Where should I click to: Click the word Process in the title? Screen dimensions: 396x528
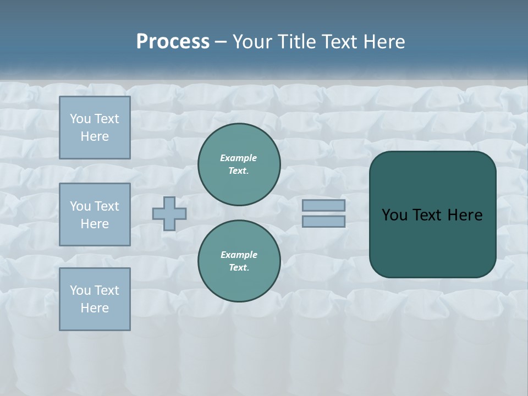(x=173, y=42)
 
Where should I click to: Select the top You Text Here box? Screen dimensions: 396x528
(x=95, y=128)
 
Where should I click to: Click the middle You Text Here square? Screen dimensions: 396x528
(x=95, y=215)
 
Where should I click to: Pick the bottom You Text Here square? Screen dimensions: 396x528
(x=95, y=299)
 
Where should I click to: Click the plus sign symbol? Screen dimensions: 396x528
(x=169, y=213)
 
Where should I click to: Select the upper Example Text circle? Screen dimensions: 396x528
(x=239, y=164)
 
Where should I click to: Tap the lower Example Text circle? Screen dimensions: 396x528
(x=239, y=261)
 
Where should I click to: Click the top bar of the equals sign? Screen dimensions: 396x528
(x=323, y=206)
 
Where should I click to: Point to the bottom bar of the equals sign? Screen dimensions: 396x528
(x=323, y=221)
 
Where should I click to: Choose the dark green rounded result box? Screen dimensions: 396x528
(x=432, y=242)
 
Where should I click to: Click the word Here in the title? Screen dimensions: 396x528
(x=385, y=42)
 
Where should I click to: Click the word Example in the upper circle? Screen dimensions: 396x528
(x=239, y=158)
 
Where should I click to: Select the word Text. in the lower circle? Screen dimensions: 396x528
(x=239, y=267)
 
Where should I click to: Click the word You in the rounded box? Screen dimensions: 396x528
(x=394, y=215)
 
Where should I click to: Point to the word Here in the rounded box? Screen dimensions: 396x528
(x=465, y=215)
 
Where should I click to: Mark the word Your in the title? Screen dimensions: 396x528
(x=251, y=42)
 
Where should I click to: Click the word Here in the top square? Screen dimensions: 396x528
(x=95, y=136)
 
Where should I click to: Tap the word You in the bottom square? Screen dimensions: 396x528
(x=80, y=290)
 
